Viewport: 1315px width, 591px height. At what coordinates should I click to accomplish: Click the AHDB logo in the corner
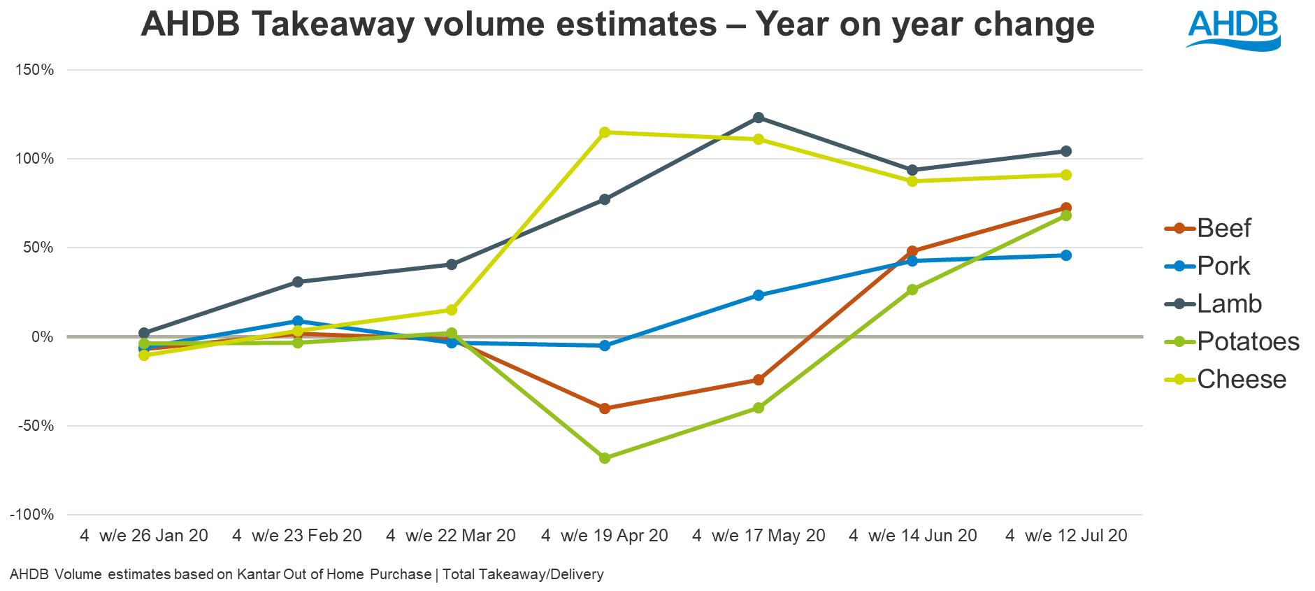click(x=1233, y=29)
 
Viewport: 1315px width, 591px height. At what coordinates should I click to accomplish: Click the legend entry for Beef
click(x=1223, y=228)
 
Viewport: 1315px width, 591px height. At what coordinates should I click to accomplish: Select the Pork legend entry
click(x=1223, y=266)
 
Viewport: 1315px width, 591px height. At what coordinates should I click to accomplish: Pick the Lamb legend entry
click(x=1229, y=304)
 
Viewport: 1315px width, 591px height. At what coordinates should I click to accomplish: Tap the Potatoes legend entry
click(x=1248, y=341)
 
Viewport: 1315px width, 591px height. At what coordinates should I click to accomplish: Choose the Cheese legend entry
click(x=1242, y=379)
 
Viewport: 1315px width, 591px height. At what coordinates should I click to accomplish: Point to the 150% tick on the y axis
click(x=34, y=70)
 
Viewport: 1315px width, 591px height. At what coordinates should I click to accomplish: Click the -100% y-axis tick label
click(x=32, y=515)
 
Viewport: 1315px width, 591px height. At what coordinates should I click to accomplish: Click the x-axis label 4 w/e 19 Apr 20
click(x=605, y=536)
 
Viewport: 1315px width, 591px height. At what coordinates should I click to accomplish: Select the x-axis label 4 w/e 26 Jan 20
click(x=144, y=536)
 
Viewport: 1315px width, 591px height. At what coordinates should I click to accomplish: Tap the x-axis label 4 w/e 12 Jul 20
click(x=1066, y=536)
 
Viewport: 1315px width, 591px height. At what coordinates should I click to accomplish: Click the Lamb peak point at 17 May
click(x=759, y=118)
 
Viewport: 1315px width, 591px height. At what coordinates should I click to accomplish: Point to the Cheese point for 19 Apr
click(x=605, y=132)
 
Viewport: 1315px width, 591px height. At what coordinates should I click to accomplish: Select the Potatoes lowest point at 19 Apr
click(x=605, y=458)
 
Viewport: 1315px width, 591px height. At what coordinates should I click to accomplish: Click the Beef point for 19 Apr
click(x=605, y=408)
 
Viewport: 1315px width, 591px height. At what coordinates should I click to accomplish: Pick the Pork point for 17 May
click(x=759, y=295)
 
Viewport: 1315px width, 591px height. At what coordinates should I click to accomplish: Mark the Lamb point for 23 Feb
click(x=298, y=282)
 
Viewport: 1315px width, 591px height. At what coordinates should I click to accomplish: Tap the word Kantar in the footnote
click(x=258, y=574)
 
